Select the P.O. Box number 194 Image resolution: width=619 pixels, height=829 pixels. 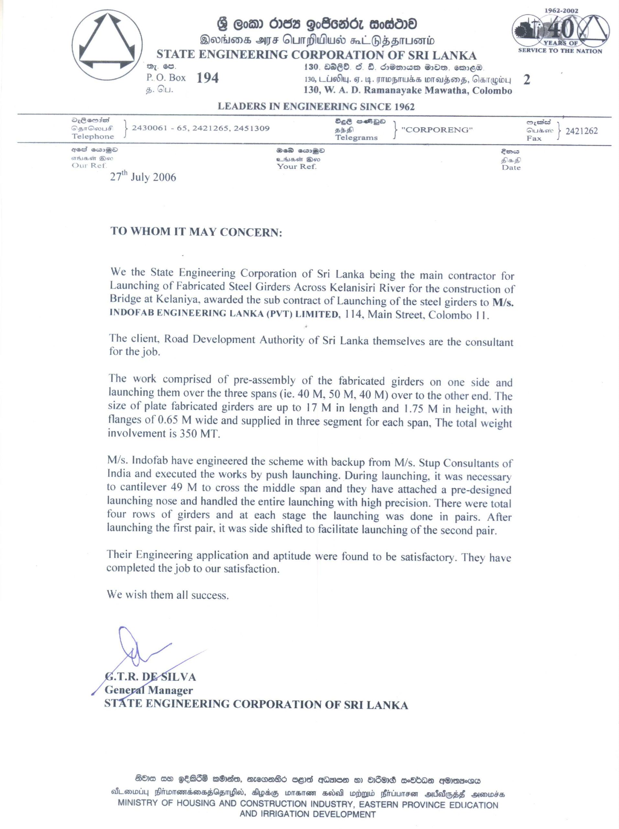click(207, 78)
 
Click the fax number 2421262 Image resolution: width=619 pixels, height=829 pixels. click(581, 131)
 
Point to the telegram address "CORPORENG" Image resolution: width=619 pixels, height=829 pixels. click(437, 130)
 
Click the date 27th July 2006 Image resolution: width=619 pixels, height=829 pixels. click(143, 177)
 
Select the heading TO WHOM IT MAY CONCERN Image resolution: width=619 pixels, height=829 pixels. click(196, 232)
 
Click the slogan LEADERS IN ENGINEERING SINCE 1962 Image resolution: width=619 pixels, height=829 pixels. click(316, 107)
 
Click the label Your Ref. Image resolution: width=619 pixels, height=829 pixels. click(297, 166)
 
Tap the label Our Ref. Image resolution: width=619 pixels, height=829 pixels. click(89, 165)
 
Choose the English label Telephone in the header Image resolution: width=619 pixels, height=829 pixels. click(93, 136)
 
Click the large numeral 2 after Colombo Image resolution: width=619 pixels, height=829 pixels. click(527, 80)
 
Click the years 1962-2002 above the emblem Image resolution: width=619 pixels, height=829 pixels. click(560, 11)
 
